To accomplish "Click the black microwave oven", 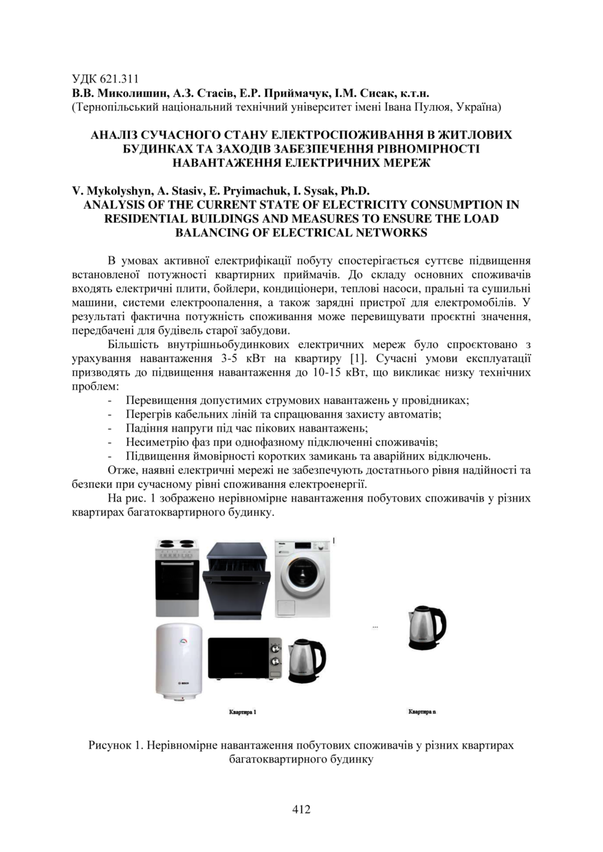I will tap(245, 660).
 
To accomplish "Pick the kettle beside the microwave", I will tap(306, 660).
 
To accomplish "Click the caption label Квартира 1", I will tap(242, 713).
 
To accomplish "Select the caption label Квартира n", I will tap(421, 713).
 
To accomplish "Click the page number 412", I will tap(301, 809).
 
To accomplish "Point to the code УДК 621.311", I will tap(105, 78).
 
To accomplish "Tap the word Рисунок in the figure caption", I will tap(112, 746).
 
